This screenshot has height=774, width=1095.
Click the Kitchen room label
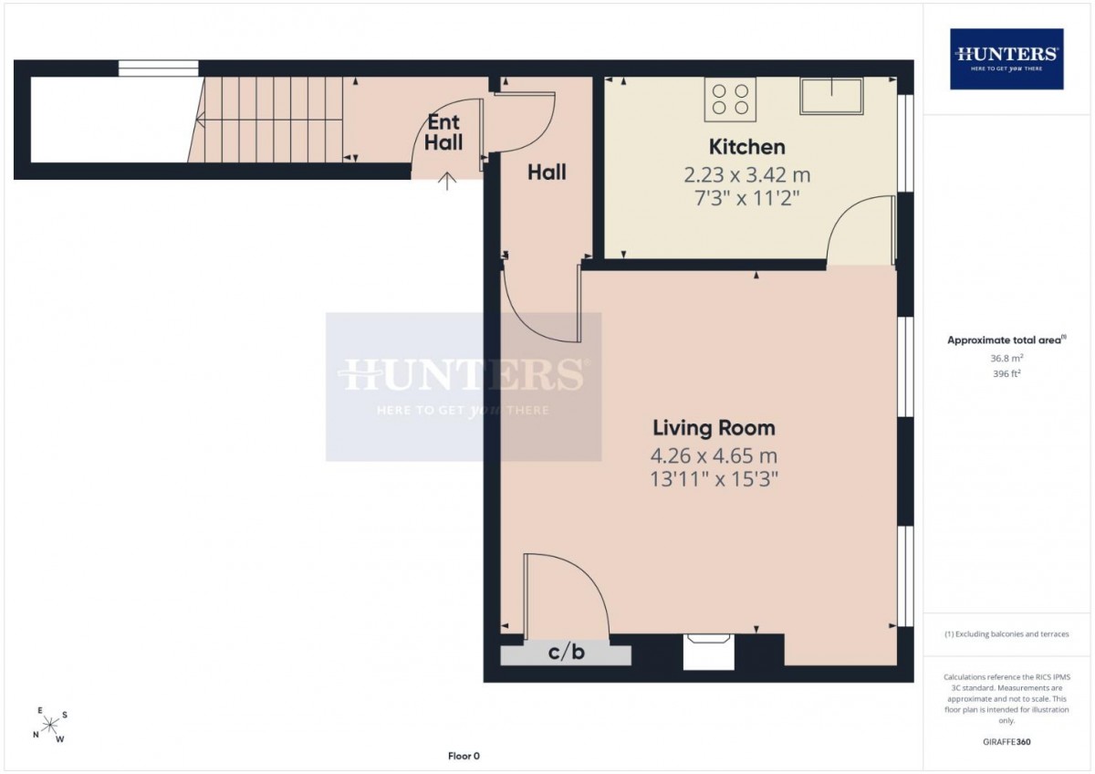point(747,147)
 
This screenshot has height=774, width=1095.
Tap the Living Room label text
point(714,428)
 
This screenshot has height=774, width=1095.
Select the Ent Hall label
point(443,132)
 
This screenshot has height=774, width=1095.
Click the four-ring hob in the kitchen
point(730,99)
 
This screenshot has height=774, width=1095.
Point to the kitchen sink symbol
point(831,96)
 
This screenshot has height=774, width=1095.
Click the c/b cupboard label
point(566,653)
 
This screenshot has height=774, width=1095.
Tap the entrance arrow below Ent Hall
point(447,181)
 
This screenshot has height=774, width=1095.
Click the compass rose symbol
point(50,725)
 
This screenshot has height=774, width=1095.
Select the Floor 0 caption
point(464,756)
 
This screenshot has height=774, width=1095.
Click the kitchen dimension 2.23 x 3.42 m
point(747,175)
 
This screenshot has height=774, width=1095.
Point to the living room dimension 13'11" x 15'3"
point(714,479)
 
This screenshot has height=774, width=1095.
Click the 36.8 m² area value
point(1006,358)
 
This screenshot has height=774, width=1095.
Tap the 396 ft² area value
point(1006,373)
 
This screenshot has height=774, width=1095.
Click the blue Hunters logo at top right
point(1006,58)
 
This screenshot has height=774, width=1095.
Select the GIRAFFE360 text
point(1006,742)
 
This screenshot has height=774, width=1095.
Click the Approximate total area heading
point(1006,340)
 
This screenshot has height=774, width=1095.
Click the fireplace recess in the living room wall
point(708,652)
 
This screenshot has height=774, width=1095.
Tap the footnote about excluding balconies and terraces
point(1006,634)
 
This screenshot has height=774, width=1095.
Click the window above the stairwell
point(159,68)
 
